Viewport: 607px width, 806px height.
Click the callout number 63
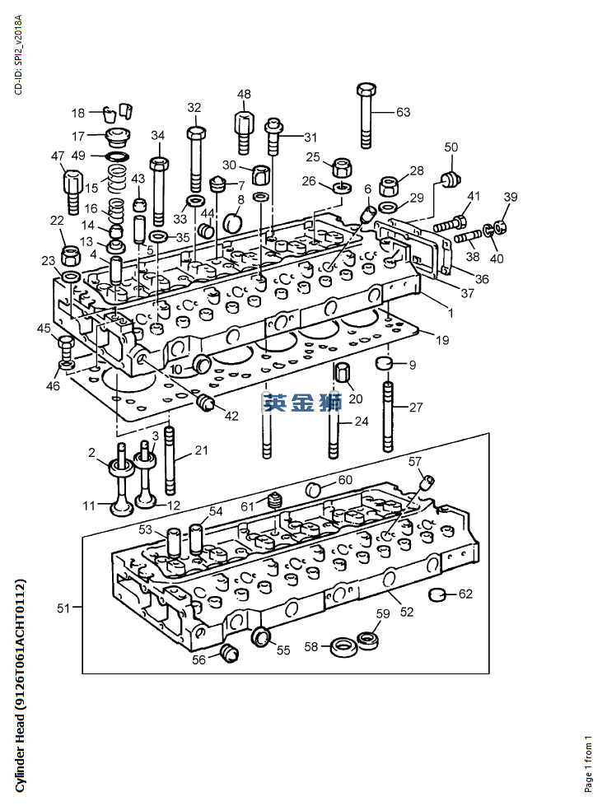tap(403, 112)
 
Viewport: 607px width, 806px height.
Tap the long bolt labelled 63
tap(365, 115)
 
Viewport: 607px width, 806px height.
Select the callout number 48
tap(244, 94)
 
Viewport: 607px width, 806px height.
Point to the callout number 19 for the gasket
tap(442, 340)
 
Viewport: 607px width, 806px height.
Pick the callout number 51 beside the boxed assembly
tap(63, 608)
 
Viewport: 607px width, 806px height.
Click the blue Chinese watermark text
tap(302, 403)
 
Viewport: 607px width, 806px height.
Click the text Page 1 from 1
tap(588, 763)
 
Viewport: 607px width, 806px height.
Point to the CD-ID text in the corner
tap(18, 54)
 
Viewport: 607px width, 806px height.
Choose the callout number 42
tap(231, 415)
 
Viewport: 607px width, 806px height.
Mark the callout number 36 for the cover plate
tap(482, 279)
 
